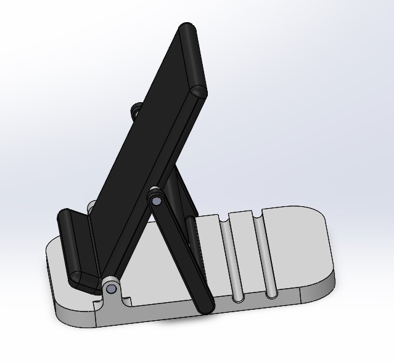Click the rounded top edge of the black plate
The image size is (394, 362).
coord(192,58)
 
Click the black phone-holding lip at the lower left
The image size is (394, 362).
coord(76,249)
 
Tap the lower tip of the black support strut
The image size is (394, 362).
coord(204,305)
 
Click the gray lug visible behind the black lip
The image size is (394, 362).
coord(91,206)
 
